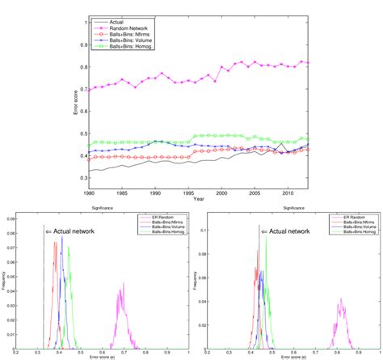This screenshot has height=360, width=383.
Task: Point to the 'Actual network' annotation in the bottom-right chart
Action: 288,231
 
